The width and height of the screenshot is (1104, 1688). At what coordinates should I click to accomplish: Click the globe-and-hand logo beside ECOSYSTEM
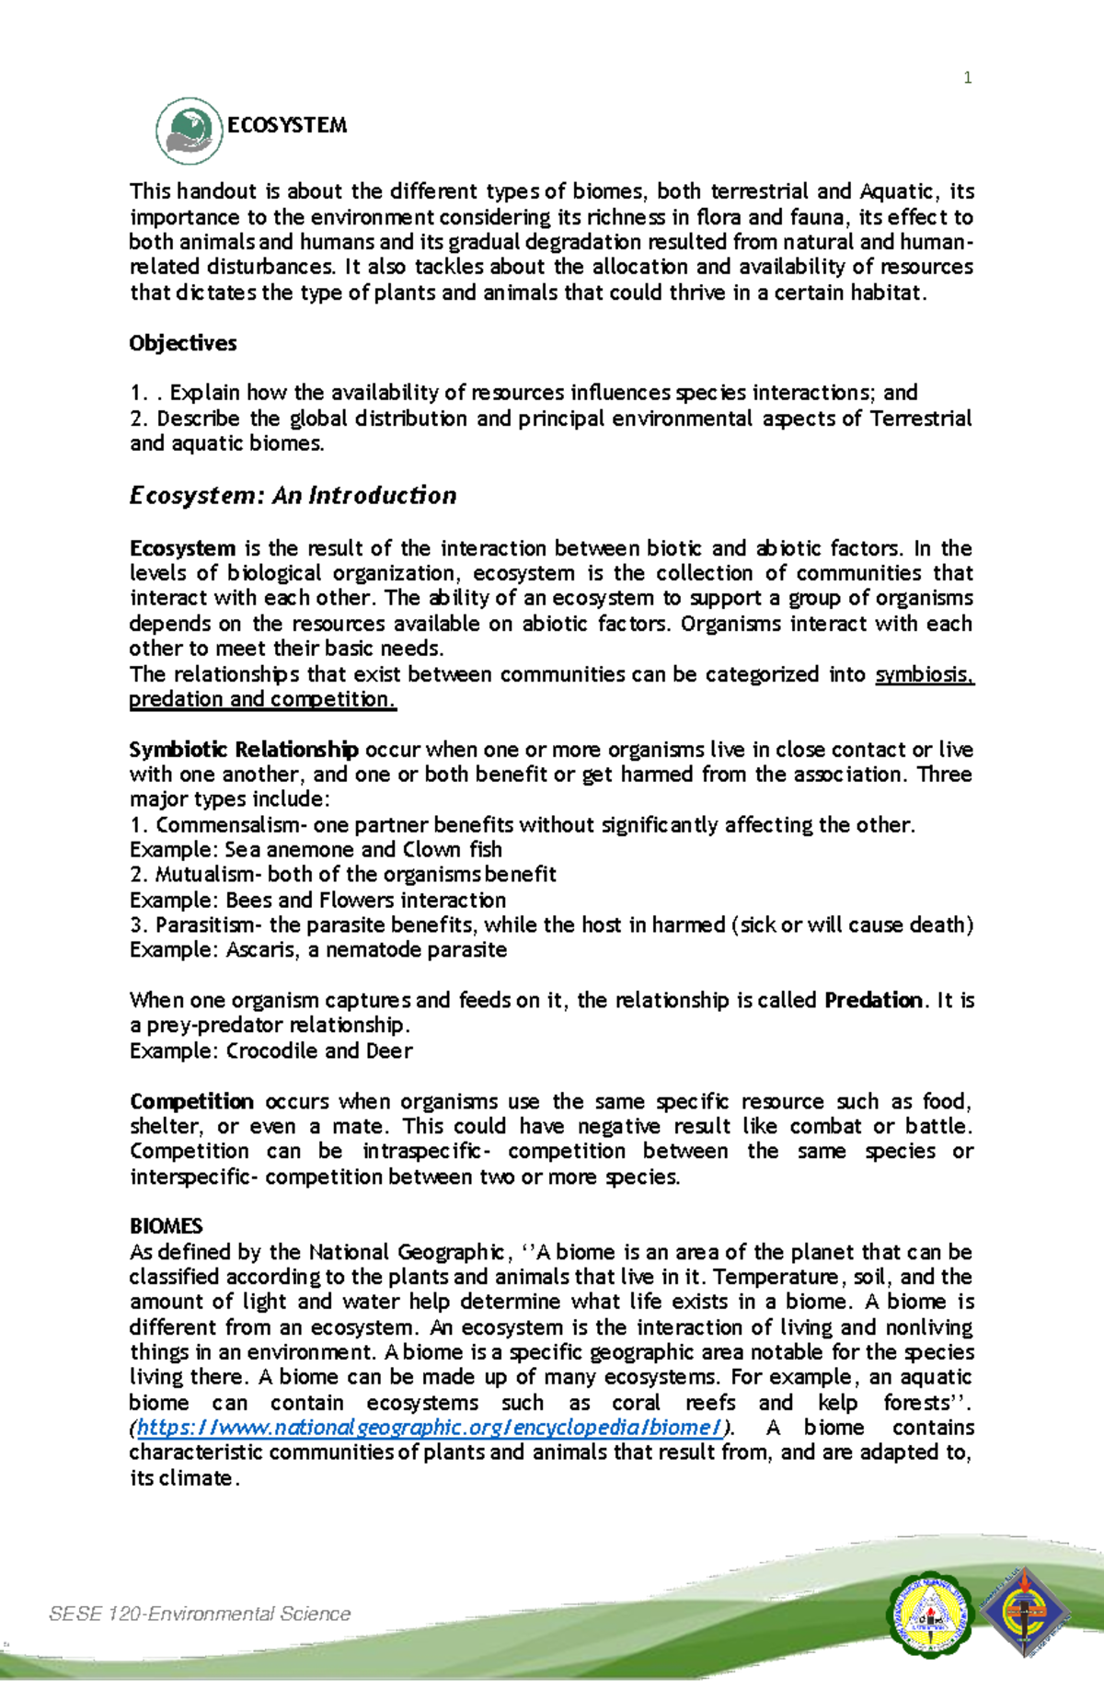pos(190,131)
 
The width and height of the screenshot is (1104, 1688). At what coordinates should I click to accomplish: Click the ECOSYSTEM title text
pos(287,125)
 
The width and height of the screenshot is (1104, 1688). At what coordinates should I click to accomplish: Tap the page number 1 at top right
pos(967,78)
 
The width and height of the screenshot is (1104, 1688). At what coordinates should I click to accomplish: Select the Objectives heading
pos(183,343)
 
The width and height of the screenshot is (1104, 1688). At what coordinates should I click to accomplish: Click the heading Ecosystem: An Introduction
pos(293,496)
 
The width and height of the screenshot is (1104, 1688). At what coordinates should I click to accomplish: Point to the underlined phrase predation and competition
pos(262,699)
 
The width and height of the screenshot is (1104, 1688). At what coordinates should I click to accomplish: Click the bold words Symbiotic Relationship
pos(244,749)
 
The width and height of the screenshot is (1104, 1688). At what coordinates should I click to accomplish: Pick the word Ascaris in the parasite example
pos(261,949)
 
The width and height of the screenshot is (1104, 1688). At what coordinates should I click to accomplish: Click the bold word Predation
pos(873,1000)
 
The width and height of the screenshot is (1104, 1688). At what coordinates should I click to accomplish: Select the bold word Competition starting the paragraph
pos(191,1101)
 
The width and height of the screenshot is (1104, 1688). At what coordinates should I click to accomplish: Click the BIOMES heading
pos(166,1226)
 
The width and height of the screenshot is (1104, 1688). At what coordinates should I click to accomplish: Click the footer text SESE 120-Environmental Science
pos(200,1613)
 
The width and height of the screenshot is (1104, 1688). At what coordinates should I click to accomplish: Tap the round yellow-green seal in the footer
pos(928,1615)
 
